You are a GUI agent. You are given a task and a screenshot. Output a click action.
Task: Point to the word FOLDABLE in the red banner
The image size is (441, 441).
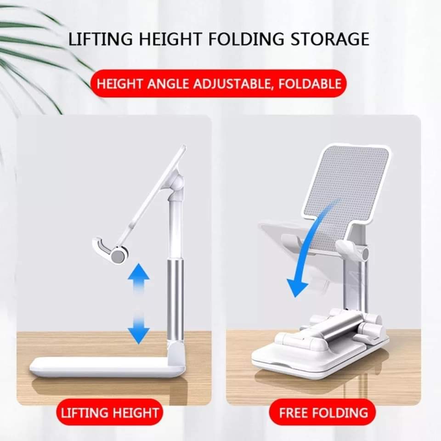310,84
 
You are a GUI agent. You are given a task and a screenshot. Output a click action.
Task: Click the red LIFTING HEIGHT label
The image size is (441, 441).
110,413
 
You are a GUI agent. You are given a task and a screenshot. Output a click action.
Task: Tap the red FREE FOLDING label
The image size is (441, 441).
323,413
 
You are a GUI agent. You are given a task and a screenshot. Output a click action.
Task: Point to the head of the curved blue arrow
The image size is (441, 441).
297,288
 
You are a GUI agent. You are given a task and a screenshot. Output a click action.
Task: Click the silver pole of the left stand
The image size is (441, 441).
175,300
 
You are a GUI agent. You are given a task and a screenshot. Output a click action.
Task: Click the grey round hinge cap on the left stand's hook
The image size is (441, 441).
118,255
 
